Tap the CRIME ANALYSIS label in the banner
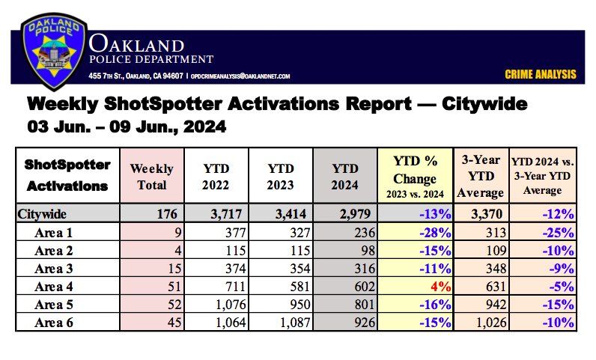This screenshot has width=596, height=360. click(540, 74)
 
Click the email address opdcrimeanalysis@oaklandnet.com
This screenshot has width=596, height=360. click(240, 76)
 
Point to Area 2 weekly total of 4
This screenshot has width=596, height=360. click(170, 250)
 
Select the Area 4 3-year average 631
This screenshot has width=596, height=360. click(492, 286)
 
